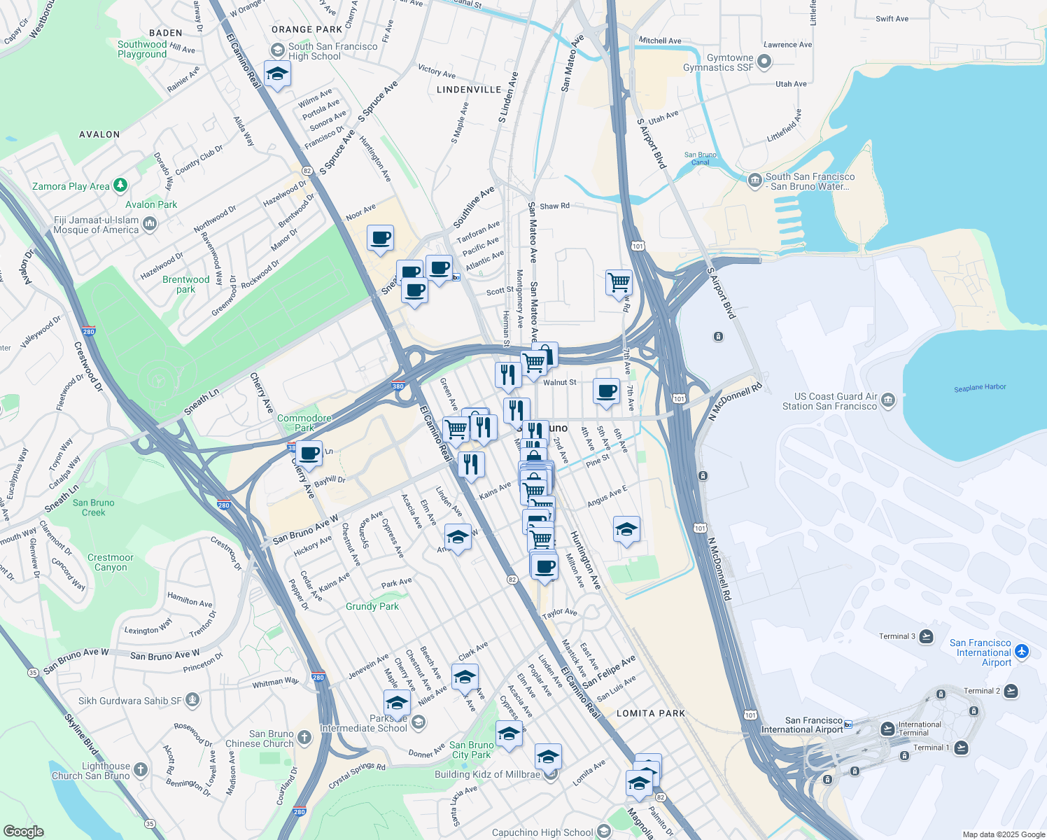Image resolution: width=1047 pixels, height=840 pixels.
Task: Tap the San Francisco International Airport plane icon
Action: [x=1022, y=652]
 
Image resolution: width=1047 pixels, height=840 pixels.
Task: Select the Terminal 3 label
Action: [x=897, y=636]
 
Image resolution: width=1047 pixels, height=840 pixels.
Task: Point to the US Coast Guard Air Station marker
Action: [x=888, y=400]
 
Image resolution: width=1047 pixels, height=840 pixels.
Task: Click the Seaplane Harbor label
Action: [x=980, y=387]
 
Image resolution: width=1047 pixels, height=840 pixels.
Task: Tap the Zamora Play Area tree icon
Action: [x=120, y=185]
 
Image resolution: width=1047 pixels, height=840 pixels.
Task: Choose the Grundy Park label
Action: [x=372, y=606]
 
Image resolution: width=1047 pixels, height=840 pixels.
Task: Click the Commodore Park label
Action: [x=304, y=423]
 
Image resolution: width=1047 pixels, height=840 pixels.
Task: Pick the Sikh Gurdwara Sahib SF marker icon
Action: [x=192, y=699]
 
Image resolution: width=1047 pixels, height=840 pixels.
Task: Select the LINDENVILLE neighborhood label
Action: [x=469, y=90]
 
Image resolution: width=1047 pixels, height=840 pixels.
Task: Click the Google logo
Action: [x=23, y=832]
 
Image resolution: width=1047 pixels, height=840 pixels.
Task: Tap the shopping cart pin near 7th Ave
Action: [x=619, y=283]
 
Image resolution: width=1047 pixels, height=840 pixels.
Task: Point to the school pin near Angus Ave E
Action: [x=626, y=530]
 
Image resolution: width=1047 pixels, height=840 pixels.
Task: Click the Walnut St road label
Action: [x=560, y=382]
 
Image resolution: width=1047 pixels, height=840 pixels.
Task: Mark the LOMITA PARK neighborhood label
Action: [x=651, y=713]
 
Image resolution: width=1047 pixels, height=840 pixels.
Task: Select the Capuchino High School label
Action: [x=542, y=832]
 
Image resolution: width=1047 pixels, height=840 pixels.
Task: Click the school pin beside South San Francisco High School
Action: [x=277, y=73]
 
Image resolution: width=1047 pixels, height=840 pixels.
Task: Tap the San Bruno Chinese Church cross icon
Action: [x=304, y=736]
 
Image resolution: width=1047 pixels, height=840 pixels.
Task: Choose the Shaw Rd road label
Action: [x=554, y=206]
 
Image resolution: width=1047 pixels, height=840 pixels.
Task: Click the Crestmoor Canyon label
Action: [x=111, y=563]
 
